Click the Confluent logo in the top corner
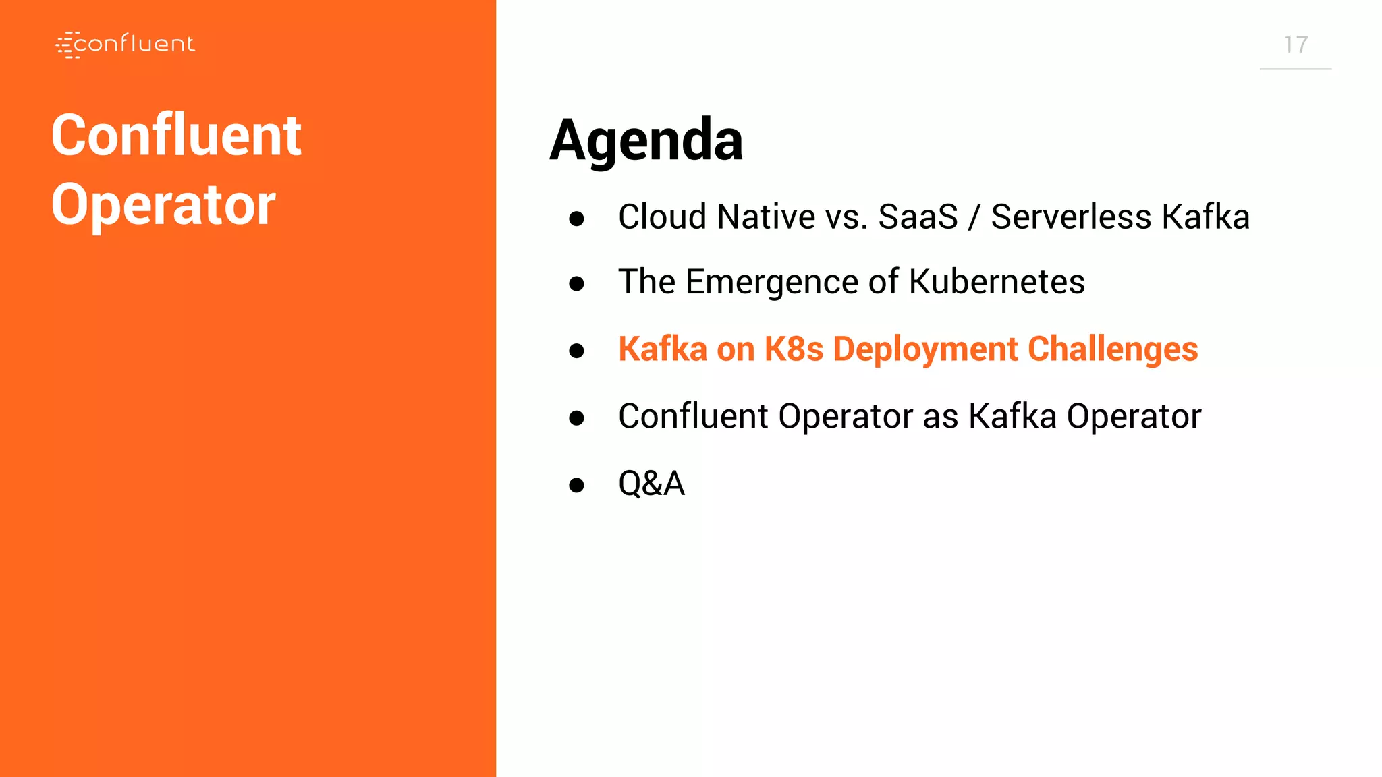click(126, 45)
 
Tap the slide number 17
click(1296, 45)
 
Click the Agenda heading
click(646, 140)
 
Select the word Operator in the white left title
click(163, 205)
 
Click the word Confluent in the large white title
click(176, 136)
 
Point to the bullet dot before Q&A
click(576, 485)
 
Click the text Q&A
click(651, 484)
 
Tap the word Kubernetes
click(997, 281)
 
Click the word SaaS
click(918, 217)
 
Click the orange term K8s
click(794, 349)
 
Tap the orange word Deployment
click(925, 349)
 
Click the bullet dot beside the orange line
click(576, 351)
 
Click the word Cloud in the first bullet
click(662, 217)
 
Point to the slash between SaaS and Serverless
click(974, 217)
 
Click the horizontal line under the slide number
click(1296, 69)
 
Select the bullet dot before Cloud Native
click(576, 219)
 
